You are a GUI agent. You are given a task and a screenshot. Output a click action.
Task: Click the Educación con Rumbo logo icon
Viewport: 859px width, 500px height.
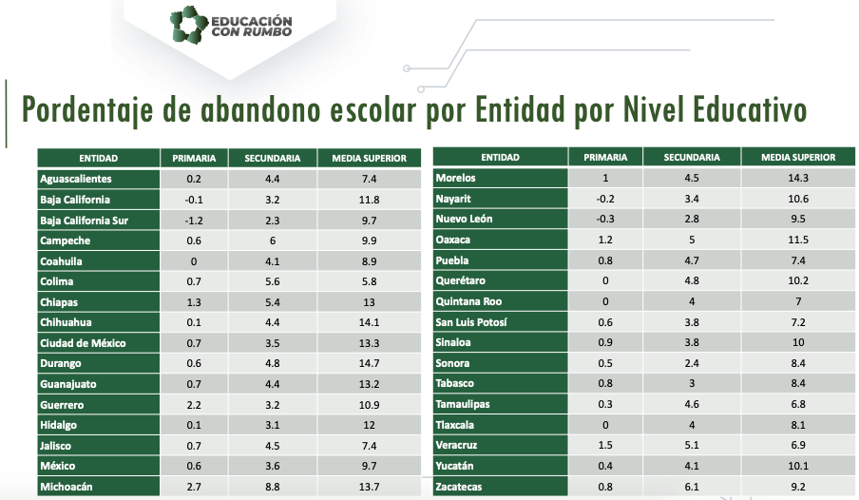pyautogui.click(x=188, y=26)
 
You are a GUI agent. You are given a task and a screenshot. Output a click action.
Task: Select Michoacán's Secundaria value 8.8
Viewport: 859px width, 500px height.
pyautogui.click(x=272, y=487)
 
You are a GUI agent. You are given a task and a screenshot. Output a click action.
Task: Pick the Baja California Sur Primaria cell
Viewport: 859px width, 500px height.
pyautogui.click(x=194, y=220)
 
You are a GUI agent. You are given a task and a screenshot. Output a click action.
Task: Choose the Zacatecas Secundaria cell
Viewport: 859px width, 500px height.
pyautogui.click(x=692, y=487)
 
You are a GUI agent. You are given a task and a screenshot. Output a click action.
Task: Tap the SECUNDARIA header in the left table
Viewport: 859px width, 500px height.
pyautogui.click(x=273, y=158)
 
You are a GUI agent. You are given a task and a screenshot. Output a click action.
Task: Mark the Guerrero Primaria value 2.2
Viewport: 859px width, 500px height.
pyautogui.click(x=194, y=404)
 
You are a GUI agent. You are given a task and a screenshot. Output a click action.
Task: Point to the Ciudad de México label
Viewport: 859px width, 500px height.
pyautogui.click(x=83, y=342)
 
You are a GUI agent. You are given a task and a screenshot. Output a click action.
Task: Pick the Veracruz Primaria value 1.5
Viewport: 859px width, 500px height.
pyautogui.click(x=605, y=445)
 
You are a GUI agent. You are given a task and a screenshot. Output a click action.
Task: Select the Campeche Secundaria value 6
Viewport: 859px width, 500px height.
pyautogui.click(x=272, y=240)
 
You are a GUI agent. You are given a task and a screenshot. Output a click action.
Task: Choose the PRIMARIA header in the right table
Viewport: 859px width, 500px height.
pyautogui.click(x=605, y=158)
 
